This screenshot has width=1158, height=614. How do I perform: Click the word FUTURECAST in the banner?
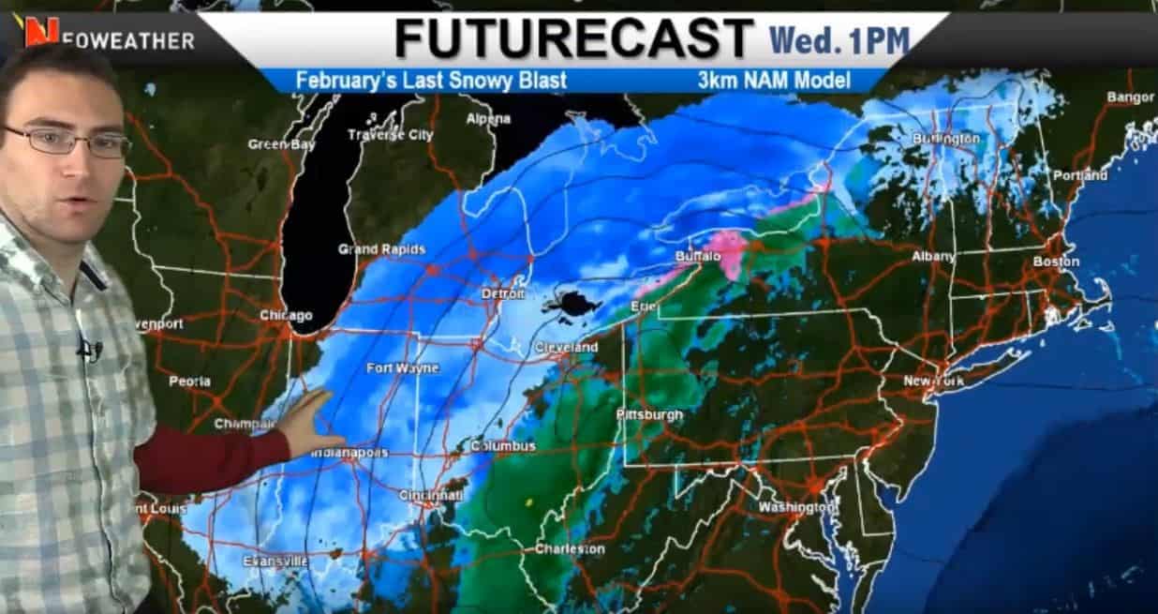tap(573, 39)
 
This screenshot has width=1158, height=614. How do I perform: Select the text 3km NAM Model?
tap(774, 81)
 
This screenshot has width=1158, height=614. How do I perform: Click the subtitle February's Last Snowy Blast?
tap(431, 81)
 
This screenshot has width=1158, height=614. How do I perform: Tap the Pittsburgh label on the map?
tap(649, 414)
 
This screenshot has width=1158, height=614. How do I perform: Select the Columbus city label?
tap(503, 446)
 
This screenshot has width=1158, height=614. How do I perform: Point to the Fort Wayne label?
tap(402, 368)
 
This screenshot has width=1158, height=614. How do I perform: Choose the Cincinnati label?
tap(429, 494)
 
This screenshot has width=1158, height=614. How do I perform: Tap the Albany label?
tap(933, 256)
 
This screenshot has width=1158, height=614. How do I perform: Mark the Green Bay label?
tap(278, 144)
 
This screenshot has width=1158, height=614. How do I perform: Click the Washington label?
tap(796, 507)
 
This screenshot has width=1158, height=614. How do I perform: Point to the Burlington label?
tap(946, 139)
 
